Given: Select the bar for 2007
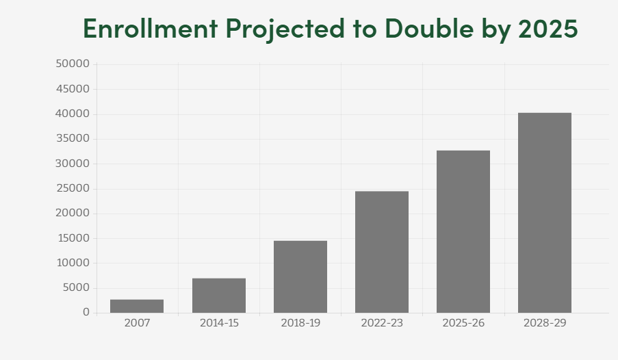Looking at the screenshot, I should [137, 306].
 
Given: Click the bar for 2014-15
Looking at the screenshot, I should [219, 296].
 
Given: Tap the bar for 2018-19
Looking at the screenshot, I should [300, 277].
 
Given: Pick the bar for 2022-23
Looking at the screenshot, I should [382, 252].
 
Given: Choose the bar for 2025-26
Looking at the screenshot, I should [463, 231].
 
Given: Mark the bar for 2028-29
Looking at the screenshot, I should [545, 213].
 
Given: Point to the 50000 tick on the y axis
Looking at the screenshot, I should [72, 64].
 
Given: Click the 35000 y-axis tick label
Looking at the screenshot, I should [72, 138].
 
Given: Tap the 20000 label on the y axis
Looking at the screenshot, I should [72, 213].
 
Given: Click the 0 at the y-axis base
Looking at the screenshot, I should [86, 312].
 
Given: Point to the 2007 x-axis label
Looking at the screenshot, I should [137, 323].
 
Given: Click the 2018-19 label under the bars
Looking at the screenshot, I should [300, 323].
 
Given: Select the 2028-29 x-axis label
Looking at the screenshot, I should [545, 323].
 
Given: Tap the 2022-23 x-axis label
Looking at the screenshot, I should [382, 323].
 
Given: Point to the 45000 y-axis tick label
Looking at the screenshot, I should [72, 89].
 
